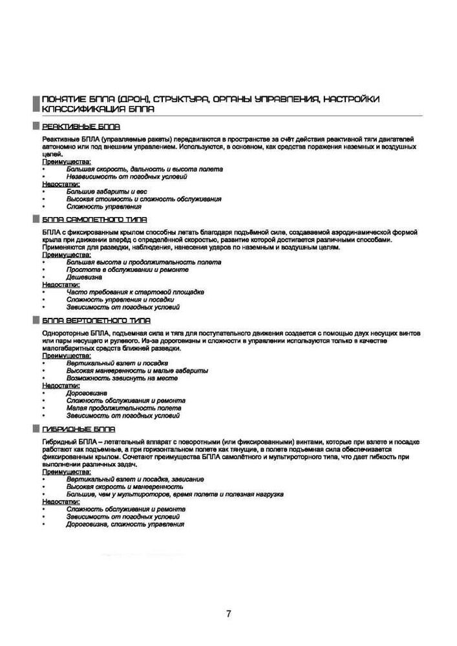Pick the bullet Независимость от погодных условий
click(127, 176)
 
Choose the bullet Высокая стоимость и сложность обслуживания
click(143, 199)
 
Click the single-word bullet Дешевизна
click(84, 277)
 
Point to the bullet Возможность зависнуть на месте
click(122, 378)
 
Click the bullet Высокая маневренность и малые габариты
click(137, 371)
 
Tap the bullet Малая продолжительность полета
click(123, 408)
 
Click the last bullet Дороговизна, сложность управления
click(125, 525)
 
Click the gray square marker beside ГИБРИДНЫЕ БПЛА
click(36, 428)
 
